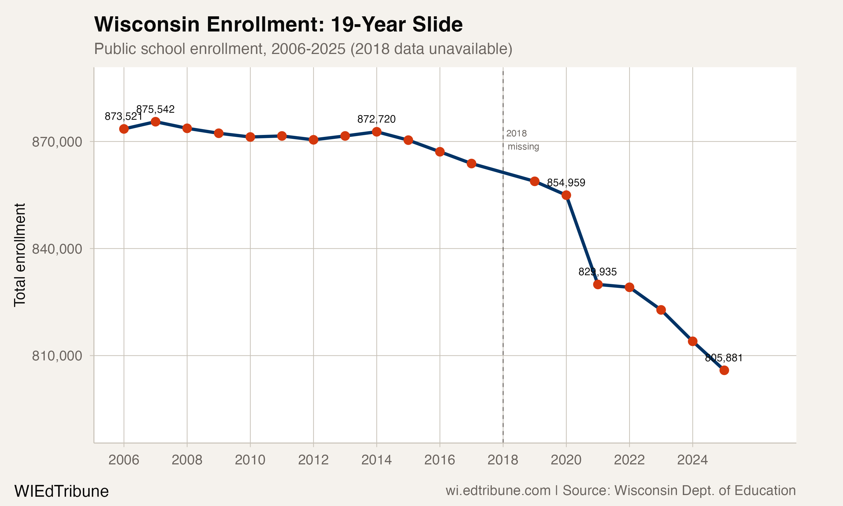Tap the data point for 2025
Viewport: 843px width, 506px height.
[724, 370]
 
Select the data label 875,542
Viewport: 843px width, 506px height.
[155, 109]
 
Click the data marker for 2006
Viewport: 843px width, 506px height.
[124, 129]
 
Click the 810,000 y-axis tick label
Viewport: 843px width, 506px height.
[57, 356]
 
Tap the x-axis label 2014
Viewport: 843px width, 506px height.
[376, 460]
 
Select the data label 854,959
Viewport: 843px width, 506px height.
[566, 183]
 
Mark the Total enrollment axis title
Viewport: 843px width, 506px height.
[20, 255]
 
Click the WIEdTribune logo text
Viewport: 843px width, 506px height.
[61, 491]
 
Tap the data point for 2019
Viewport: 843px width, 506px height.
[535, 181]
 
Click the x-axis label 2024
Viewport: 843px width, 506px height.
[692, 460]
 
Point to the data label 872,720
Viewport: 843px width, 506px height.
[376, 119]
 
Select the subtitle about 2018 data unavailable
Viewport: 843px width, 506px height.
[303, 49]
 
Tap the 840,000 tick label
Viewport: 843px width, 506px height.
[57, 249]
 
